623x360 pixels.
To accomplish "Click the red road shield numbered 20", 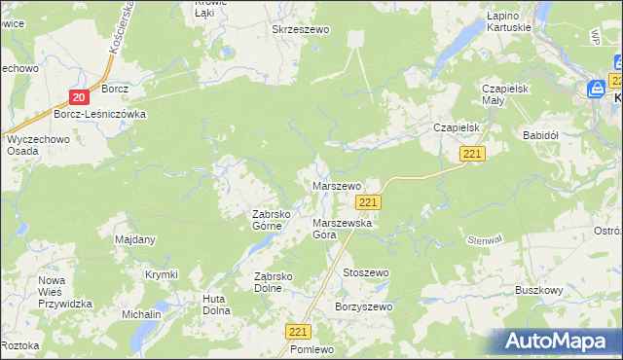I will point(80,96).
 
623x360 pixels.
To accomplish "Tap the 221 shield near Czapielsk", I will point(473,154).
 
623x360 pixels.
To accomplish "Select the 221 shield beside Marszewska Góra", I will point(367,201).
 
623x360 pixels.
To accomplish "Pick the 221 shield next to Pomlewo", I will point(300,332).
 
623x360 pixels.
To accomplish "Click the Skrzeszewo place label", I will point(301,30).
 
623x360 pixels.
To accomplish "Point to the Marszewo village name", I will point(336,185).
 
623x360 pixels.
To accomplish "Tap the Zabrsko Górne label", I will point(267,220).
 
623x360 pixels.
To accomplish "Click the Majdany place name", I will point(135,239).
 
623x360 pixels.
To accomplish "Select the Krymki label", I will point(162,275).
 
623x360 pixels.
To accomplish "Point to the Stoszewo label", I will point(365,273).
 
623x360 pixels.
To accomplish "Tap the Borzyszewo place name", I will point(363,307).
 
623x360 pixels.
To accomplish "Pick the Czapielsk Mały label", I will point(505,94).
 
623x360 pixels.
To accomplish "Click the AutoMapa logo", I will point(559,341).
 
